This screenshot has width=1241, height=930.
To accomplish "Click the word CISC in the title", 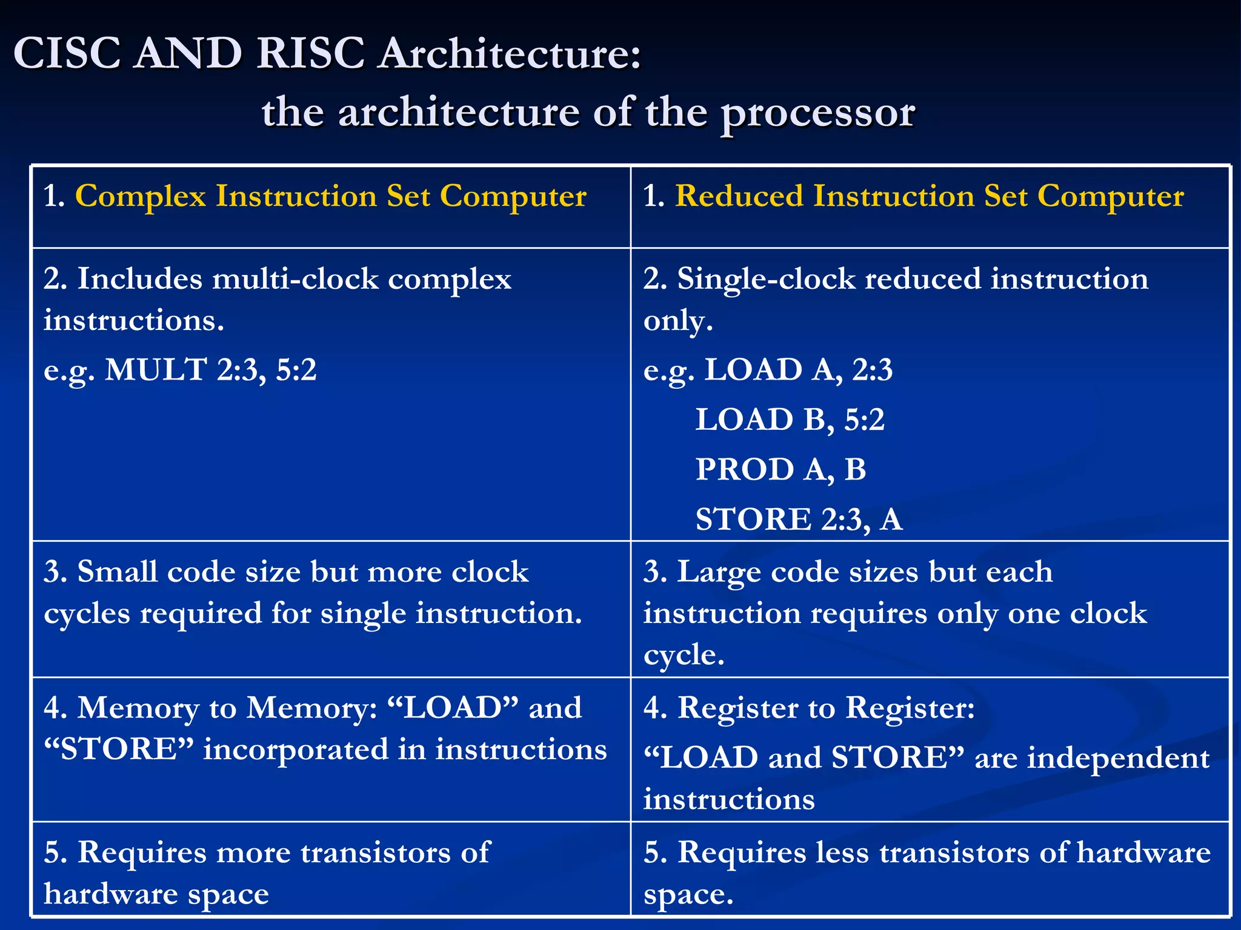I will click(x=67, y=53).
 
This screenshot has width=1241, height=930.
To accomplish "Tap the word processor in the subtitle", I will click(x=817, y=113).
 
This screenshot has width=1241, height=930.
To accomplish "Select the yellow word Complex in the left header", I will click(x=141, y=196).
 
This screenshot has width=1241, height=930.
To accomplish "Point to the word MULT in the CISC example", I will click(x=156, y=369).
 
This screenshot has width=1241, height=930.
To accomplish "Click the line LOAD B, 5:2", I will click(x=790, y=420).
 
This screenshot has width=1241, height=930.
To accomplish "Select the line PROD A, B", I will click(x=780, y=469).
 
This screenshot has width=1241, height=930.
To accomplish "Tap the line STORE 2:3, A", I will click(x=799, y=519).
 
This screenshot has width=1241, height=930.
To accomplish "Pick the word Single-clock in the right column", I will click(x=767, y=279).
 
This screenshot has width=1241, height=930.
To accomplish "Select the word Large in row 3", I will click(x=719, y=572).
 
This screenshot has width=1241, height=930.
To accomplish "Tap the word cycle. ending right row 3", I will click(x=684, y=655).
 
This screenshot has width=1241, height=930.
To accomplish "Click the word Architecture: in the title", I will click(x=509, y=53).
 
